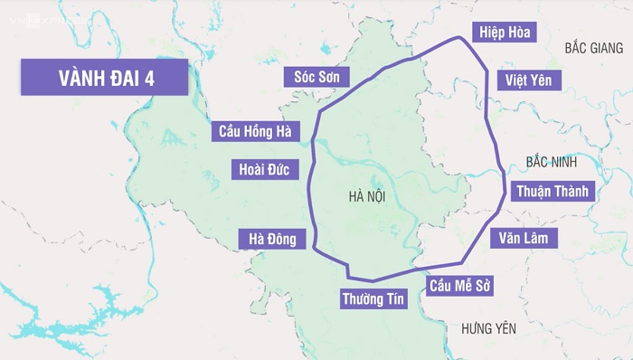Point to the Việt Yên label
[529, 81]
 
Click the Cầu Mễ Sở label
[460, 286]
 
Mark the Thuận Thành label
[552, 191]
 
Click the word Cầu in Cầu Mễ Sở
[442, 286]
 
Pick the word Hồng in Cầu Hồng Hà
[258, 131]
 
